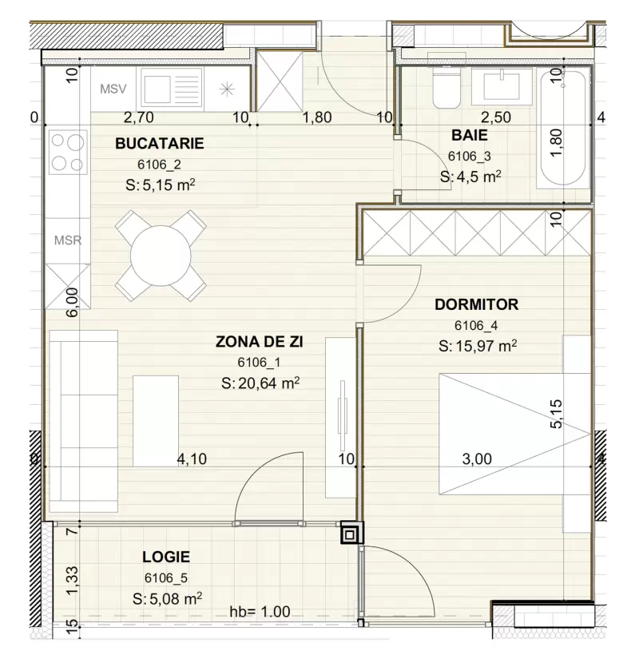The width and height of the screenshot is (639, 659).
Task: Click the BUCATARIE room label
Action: pos(160,144)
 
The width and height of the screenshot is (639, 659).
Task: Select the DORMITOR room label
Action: pos(476,304)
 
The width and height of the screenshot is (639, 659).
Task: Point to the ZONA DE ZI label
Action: pos(260,342)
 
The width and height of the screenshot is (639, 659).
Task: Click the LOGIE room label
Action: pos(166,557)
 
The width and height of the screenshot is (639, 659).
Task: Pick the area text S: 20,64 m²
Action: pos(260,383)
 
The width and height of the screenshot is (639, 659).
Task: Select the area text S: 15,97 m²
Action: pos(477,346)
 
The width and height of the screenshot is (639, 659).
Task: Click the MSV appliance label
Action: pos(113,88)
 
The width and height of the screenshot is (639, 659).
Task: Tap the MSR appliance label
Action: pos(67,240)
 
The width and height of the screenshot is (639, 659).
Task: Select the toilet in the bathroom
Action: pos(446,88)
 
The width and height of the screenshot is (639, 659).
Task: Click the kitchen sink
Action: pos(171,87)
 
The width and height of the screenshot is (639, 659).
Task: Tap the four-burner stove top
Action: pos(67,152)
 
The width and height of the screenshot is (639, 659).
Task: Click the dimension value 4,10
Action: pos(192,459)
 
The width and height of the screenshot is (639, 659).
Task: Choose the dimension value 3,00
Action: pos(477,459)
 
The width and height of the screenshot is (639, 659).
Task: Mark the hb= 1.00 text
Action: pos(260,613)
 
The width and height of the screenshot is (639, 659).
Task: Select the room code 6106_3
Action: pos(470,157)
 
